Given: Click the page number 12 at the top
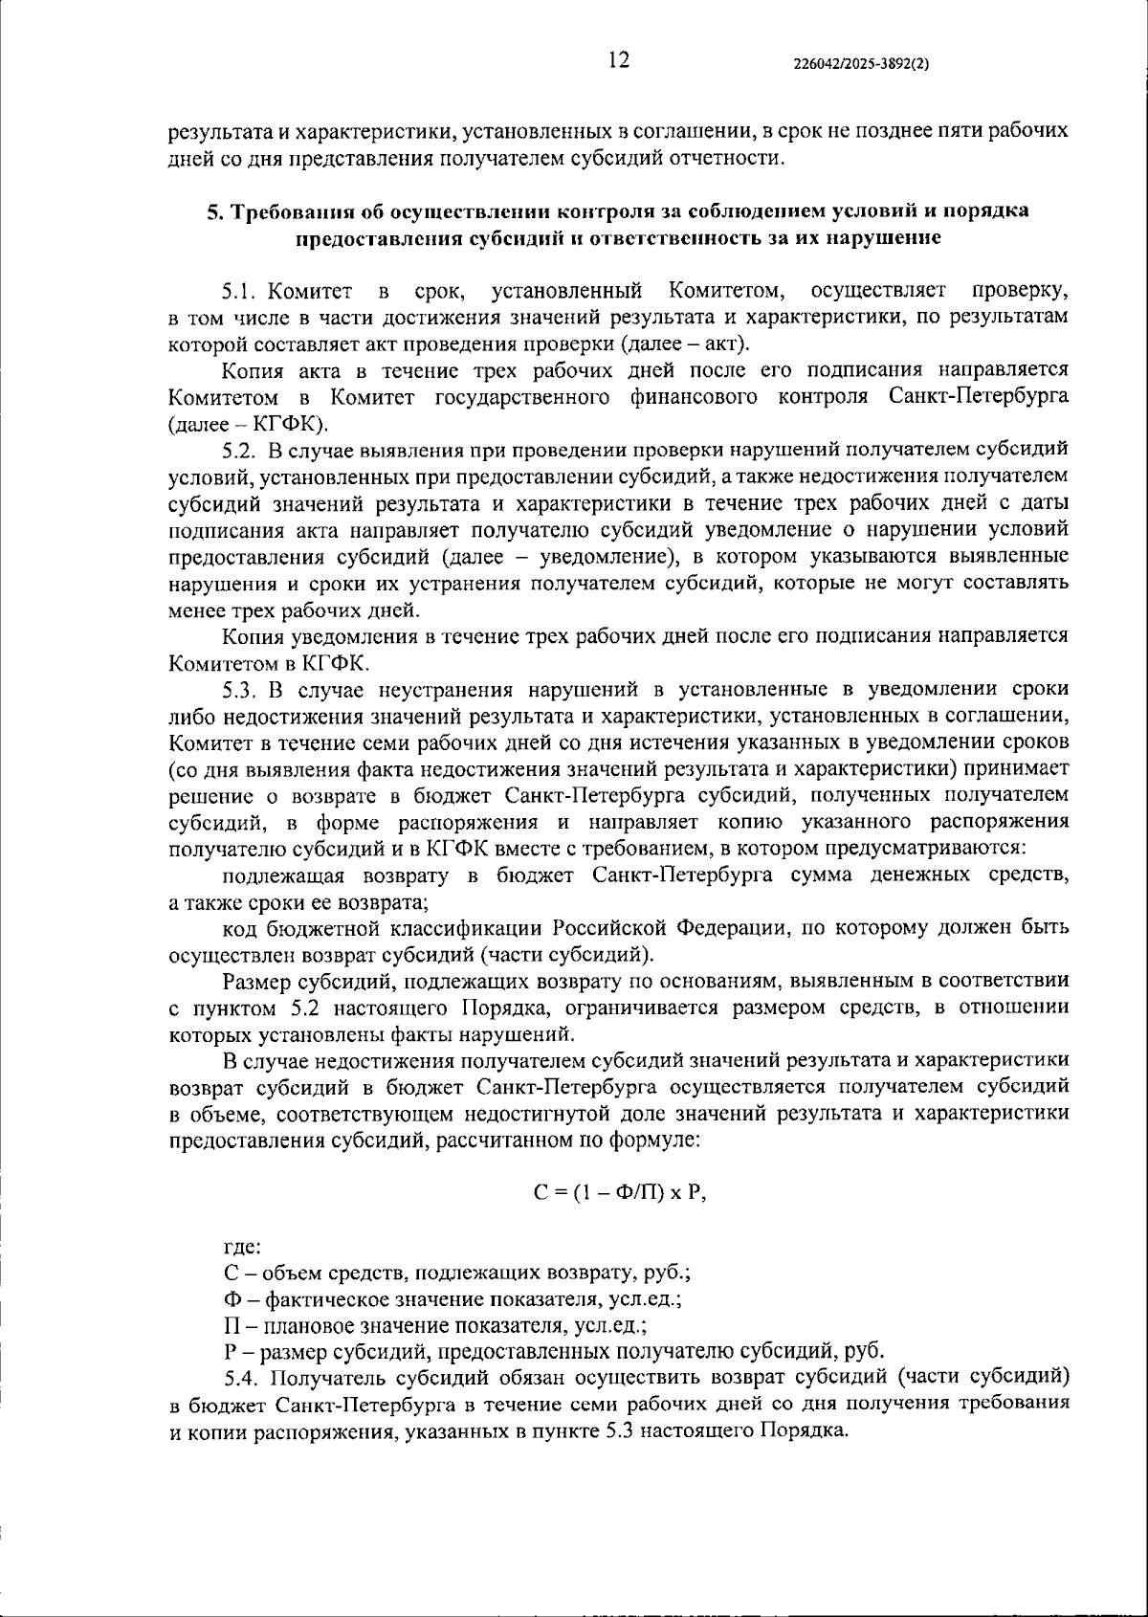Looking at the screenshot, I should pos(618,61).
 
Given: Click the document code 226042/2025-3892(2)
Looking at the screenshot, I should pos(862,64).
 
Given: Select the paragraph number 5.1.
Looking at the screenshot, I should pos(240,290).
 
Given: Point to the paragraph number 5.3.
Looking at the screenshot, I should pos(240,690).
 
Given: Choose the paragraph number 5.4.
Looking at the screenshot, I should pos(242,1378).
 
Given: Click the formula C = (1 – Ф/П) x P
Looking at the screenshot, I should pos(619,1193).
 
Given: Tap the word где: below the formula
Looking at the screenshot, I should pos(240,1246).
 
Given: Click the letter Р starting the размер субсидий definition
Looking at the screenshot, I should pos(230,1351).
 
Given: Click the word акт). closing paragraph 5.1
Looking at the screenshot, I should pos(726,343).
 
